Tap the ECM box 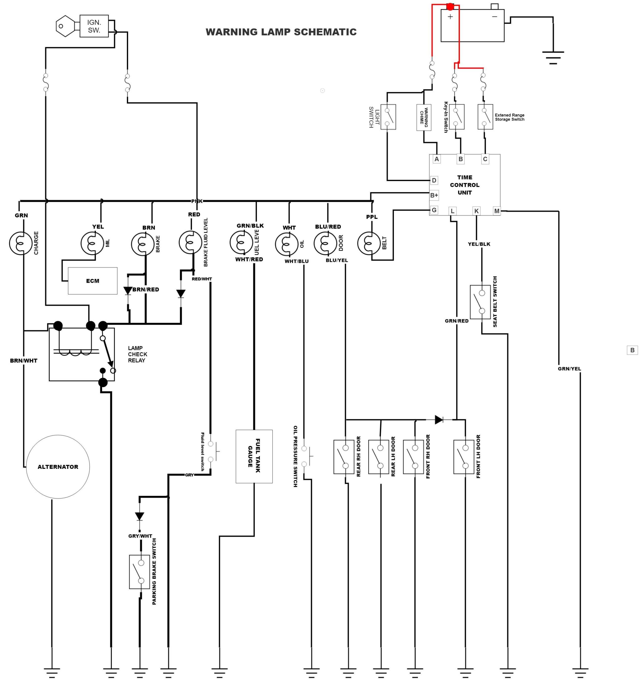93,281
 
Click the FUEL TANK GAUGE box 254,456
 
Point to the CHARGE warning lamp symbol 21,243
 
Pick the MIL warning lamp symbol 92,243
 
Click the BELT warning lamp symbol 369,243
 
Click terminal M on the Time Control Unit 497,211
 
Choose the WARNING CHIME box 424,117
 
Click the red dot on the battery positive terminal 450,6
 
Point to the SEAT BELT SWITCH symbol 480,302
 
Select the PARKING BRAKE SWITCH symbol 139,571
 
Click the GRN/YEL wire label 569,369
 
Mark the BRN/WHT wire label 23,360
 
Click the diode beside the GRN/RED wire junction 438,420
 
